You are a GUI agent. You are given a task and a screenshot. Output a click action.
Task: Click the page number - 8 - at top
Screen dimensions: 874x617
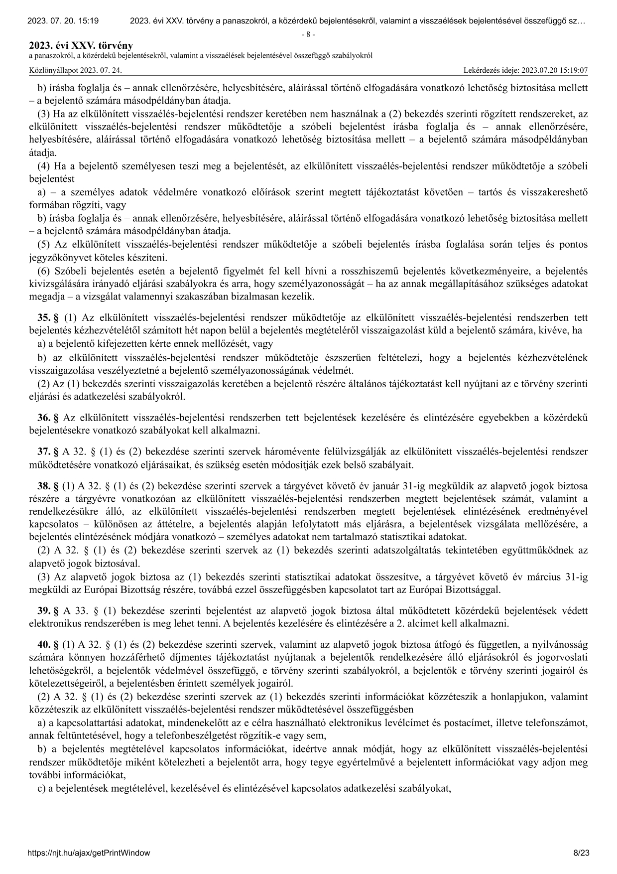[x=308, y=35]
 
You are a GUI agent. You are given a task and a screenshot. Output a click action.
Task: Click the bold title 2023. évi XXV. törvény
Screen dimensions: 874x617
[x=81, y=46]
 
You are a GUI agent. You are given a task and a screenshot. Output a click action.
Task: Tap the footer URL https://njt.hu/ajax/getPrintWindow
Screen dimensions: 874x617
[x=90, y=853]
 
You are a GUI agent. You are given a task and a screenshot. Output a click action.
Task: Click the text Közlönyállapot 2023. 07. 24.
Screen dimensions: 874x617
[x=76, y=71]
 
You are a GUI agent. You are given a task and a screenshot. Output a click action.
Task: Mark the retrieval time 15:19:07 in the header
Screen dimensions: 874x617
[x=572, y=71]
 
